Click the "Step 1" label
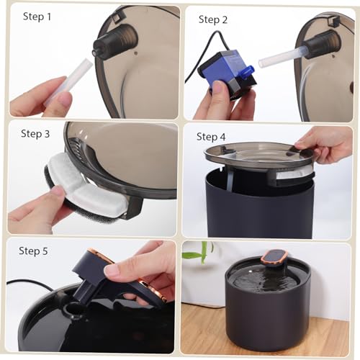coord(37,17)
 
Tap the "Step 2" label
coord(213,19)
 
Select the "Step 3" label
coord(35,134)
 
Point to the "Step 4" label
coord(211,137)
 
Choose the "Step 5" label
coord(33,251)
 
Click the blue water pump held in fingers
coord(225,72)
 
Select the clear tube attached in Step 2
coord(281,56)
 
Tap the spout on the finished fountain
coord(274,259)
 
